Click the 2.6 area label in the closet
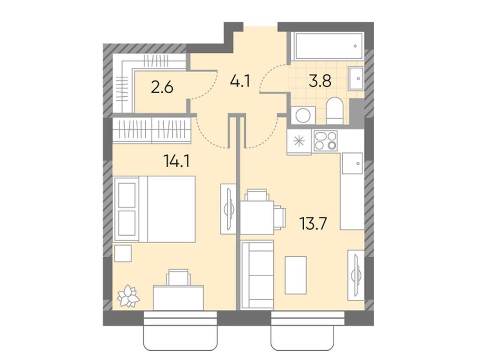[x=162, y=87]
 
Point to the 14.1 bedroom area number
[x=176, y=161]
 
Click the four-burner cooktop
[x=325, y=140]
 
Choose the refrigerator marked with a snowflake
[x=300, y=141]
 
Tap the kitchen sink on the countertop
[x=352, y=163]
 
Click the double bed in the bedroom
[x=155, y=209]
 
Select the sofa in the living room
[x=256, y=275]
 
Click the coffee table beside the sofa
[x=296, y=274]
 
